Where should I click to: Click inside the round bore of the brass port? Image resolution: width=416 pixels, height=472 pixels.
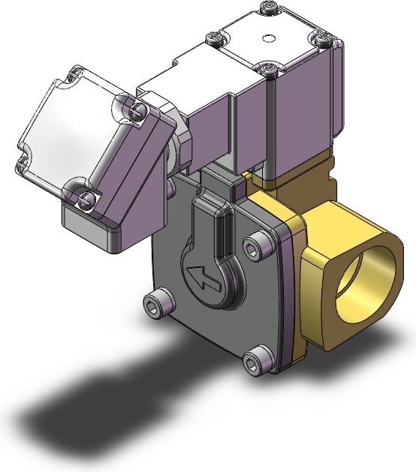coord(360,278)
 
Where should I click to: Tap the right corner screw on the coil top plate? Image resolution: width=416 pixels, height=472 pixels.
coord(321,36)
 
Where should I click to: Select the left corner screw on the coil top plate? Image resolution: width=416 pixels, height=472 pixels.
coord(214,37)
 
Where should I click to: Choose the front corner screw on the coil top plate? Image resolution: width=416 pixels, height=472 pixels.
coord(270,69)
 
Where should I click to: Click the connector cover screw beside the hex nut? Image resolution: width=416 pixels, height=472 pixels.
coord(135,112)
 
